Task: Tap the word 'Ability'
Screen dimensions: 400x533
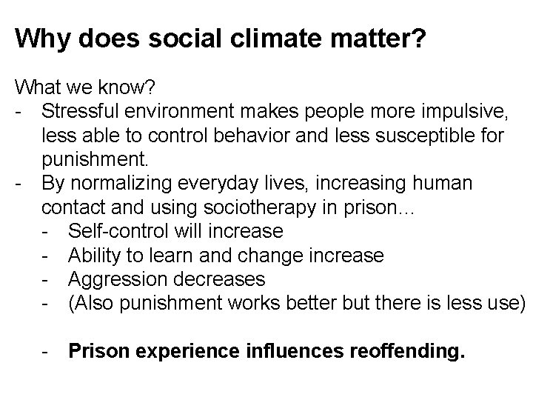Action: pyautogui.click(x=95, y=256)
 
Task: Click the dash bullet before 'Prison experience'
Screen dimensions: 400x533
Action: pyautogui.click(x=47, y=351)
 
